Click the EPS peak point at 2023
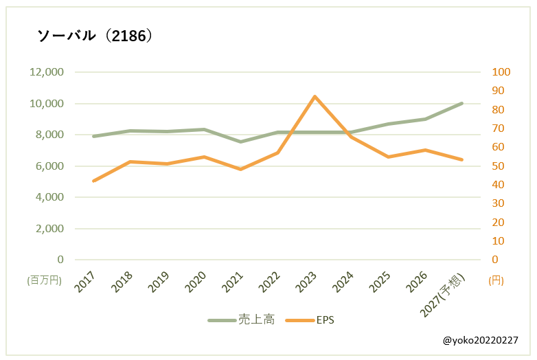pyautogui.click(x=315, y=96)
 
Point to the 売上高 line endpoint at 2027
pyautogui.click(x=461, y=103)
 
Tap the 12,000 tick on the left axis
pyautogui.click(x=46, y=72)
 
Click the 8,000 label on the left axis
pyautogui.click(x=49, y=135)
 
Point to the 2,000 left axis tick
pyautogui.click(x=49, y=228)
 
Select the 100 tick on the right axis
pyautogui.click(x=502, y=72)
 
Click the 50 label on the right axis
pyautogui.click(x=499, y=166)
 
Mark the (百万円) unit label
pyautogui.click(x=45, y=280)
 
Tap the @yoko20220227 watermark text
pyautogui.click(x=481, y=341)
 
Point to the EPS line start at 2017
pyautogui.click(x=93, y=181)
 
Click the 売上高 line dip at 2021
pyautogui.click(x=240, y=142)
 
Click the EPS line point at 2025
pyautogui.click(x=388, y=157)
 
